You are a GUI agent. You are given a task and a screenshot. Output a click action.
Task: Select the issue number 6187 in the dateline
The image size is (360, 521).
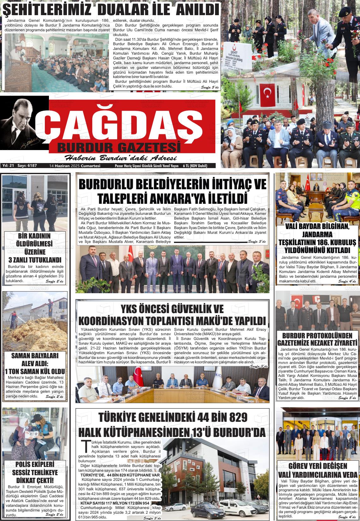coord(32,166)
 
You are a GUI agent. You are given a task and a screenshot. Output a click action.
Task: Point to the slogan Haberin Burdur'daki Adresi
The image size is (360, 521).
coord(120,158)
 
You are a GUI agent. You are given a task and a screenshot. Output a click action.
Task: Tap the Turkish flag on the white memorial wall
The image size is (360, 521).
coord(268,93)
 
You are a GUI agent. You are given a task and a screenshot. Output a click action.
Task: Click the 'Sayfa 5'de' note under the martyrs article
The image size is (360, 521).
coord(210,88)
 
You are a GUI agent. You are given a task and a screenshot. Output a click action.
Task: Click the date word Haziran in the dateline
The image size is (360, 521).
coord(62,166)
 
